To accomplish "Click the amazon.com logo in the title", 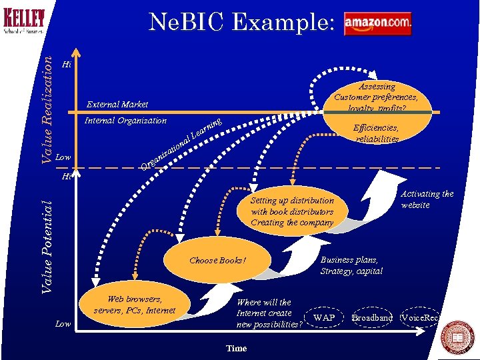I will [377, 23].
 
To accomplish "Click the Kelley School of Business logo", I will [24, 20].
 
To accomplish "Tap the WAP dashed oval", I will [324, 317].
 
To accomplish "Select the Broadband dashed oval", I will [373, 317].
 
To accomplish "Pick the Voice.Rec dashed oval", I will [420, 317].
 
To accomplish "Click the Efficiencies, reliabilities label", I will [377, 133].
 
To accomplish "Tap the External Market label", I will [117, 104].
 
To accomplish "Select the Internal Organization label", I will [125, 121].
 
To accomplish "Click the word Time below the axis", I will [237, 349].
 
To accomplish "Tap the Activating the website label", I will [427, 199].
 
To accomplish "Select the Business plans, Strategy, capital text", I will [351, 265].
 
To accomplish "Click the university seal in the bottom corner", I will [459, 336].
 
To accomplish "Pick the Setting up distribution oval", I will [292, 211].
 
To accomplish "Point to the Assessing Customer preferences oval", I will [377, 97].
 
